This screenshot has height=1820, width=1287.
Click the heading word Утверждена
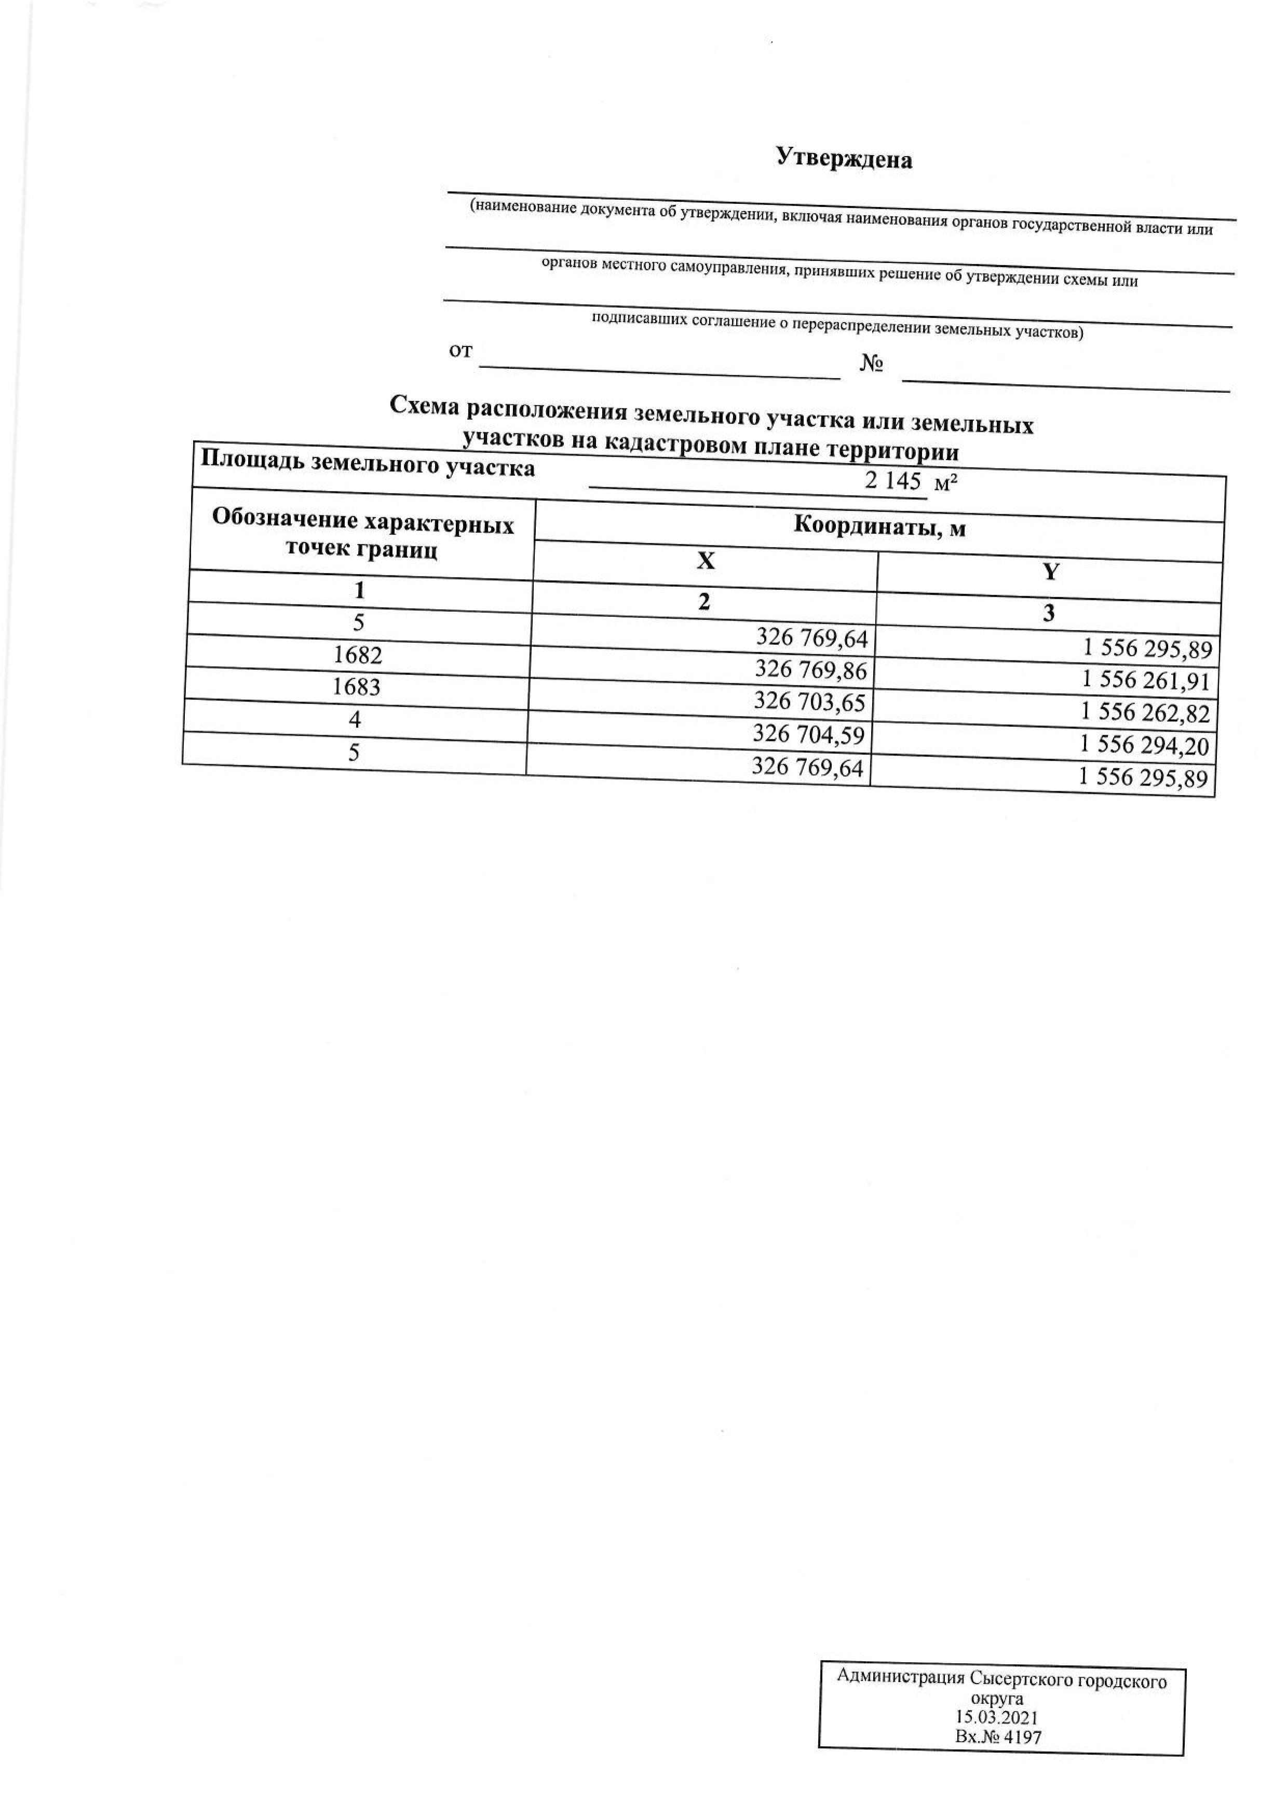844,159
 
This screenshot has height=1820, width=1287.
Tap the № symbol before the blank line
872,364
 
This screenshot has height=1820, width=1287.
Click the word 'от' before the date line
460,351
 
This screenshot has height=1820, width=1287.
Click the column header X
705,561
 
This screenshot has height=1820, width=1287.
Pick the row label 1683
357,686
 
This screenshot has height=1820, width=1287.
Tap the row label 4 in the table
355,719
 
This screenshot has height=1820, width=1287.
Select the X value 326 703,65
809,701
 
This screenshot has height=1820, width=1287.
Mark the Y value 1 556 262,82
1145,713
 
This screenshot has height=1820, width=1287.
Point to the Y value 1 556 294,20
1144,745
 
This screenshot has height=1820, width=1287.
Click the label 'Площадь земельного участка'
368,463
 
